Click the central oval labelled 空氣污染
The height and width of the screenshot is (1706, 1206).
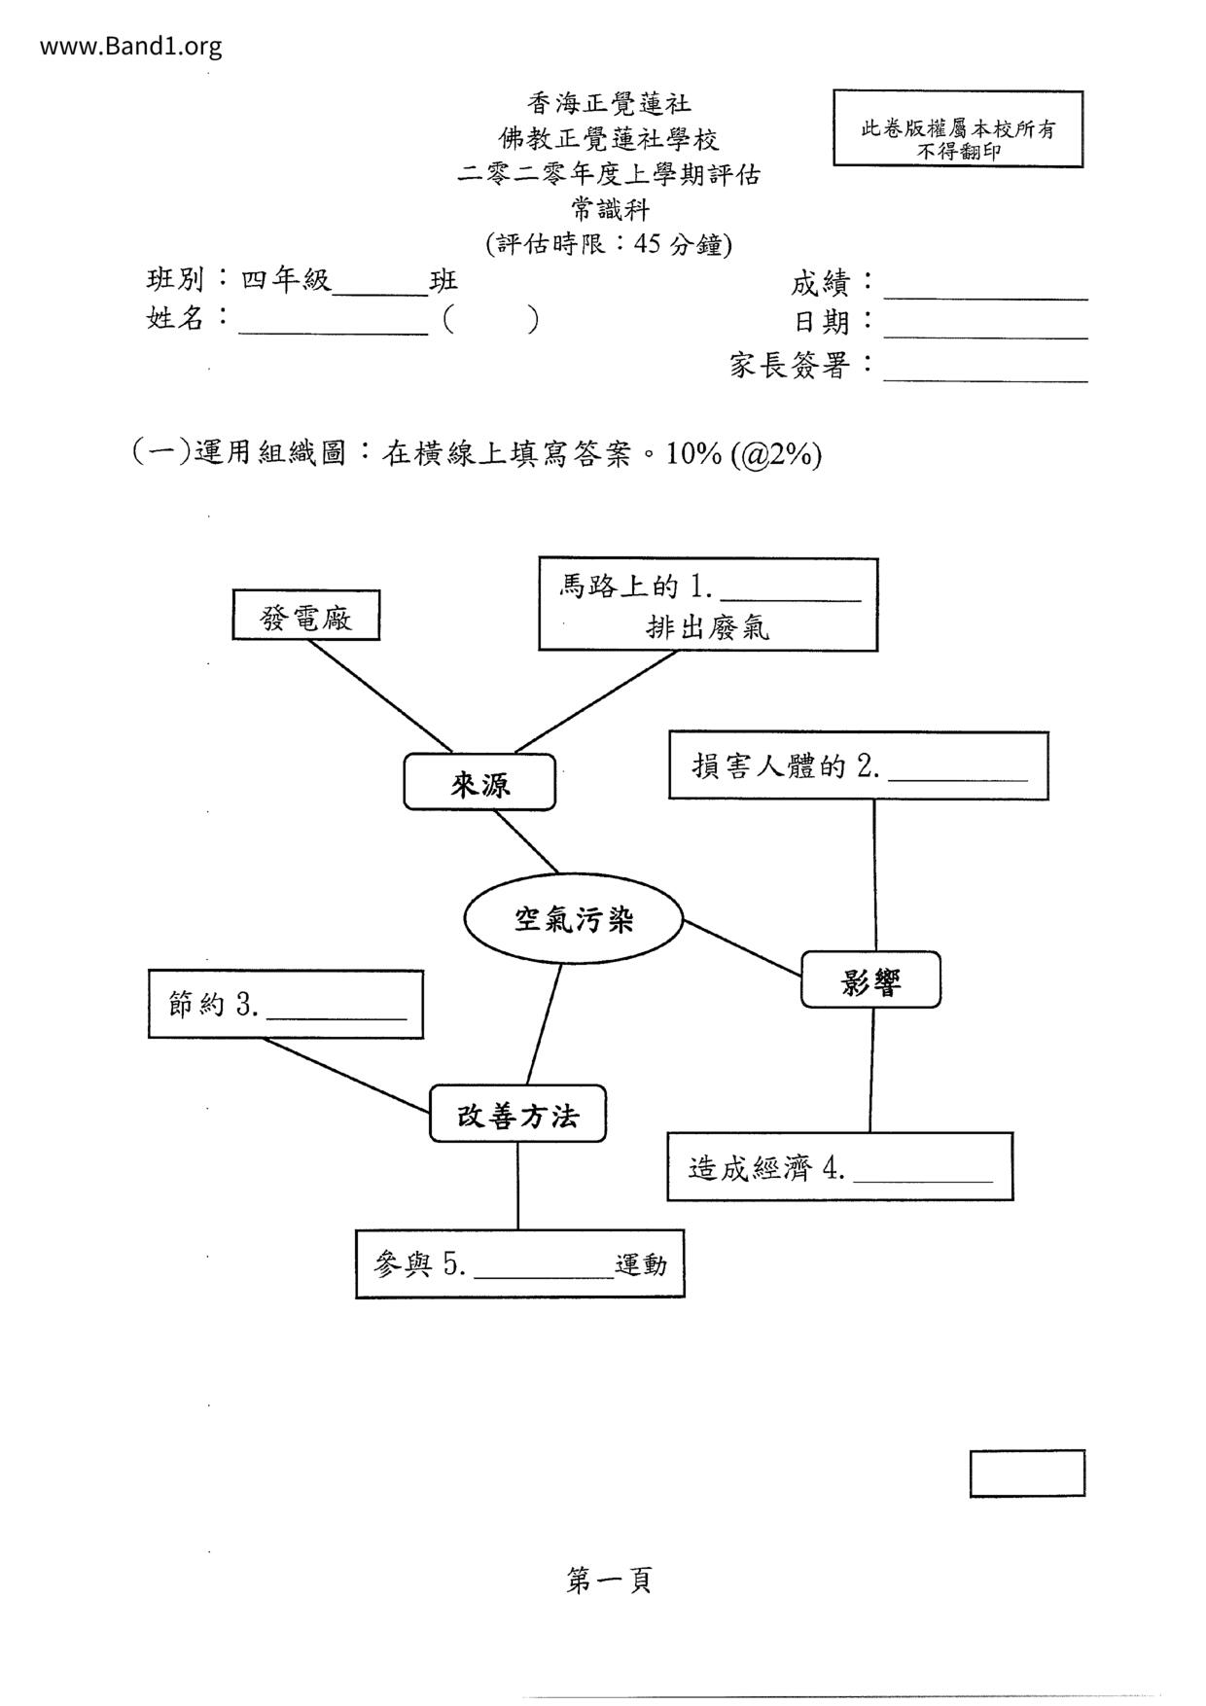pyautogui.click(x=574, y=919)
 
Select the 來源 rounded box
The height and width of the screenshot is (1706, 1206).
pyautogui.click(x=479, y=783)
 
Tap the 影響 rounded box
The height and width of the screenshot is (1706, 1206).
pyautogui.click(x=870, y=980)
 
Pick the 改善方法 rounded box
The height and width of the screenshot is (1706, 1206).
pyautogui.click(x=517, y=1115)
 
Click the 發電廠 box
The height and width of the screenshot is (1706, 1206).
pyautogui.click(x=305, y=617)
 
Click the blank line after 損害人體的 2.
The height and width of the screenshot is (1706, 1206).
pyautogui.click(x=958, y=777)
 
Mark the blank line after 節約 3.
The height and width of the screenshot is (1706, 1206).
pyautogui.click(x=337, y=1015)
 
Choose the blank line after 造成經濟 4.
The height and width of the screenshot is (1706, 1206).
pyautogui.click(x=923, y=1178)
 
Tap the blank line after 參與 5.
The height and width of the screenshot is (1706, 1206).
pyautogui.click(x=544, y=1274)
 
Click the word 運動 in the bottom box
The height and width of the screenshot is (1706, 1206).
pyautogui.click(x=641, y=1265)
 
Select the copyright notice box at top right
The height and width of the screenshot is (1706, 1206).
pyautogui.click(x=957, y=129)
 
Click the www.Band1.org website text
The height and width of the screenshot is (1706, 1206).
pyautogui.click(x=130, y=46)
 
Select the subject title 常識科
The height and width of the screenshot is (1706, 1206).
pyautogui.click(x=609, y=209)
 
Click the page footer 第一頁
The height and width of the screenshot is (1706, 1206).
pyautogui.click(x=609, y=1581)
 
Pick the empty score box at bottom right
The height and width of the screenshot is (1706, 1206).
pyautogui.click(x=1026, y=1473)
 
